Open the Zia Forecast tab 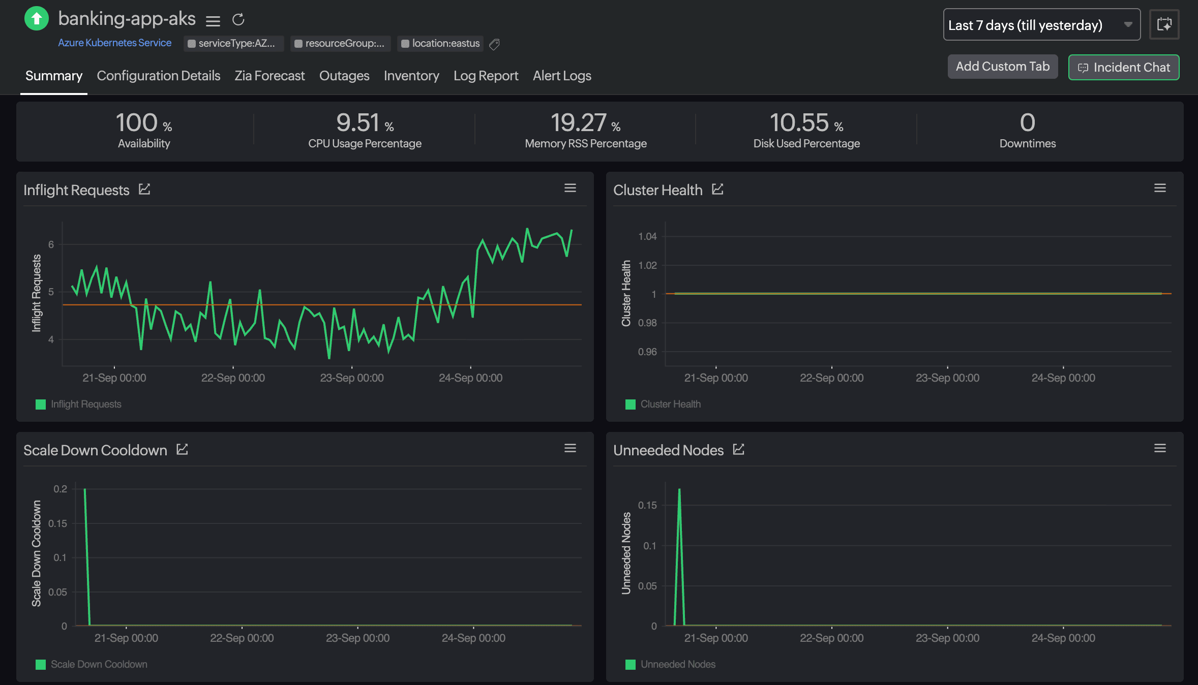point(269,76)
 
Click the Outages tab point(344,76)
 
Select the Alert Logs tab point(562,76)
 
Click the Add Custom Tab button point(1002,67)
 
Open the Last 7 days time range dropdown point(1041,25)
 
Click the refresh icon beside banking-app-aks point(238,20)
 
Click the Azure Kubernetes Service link point(114,43)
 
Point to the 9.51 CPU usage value point(357,123)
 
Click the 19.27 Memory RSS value point(578,123)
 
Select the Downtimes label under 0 point(1027,144)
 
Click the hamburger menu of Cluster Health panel point(1160,189)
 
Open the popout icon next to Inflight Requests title point(144,190)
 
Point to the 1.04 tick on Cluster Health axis point(647,236)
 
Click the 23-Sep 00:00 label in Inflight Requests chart point(351,378)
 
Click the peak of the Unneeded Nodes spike point(679,490)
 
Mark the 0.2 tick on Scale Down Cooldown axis point(60,489)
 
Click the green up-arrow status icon point(37,19)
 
